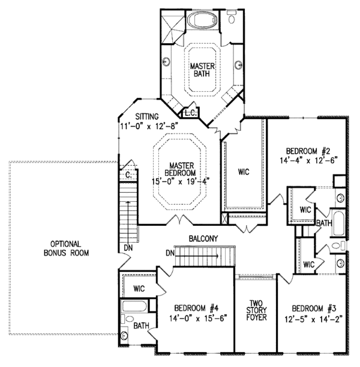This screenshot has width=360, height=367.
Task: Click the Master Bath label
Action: (x=202, y=70)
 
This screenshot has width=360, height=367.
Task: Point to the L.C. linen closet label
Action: (x=190, y=112)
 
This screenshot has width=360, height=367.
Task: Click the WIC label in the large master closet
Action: (x=243, y=172)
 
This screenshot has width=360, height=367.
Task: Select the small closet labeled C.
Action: (x=128, y=175)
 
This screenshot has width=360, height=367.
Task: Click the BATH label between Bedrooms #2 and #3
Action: (x=324, y=223)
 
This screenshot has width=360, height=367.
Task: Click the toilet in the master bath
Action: (x=232, y=18)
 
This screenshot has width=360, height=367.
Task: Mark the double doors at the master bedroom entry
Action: (x=176, y=220)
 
